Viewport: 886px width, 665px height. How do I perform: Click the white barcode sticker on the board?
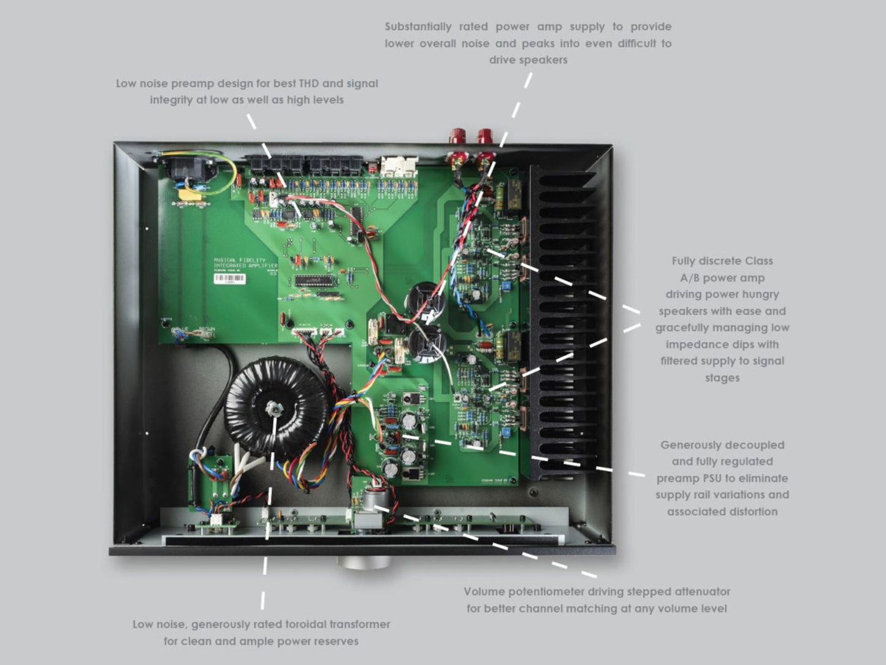tap(229, 279)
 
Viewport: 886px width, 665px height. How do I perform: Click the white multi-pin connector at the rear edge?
tap(398, 166)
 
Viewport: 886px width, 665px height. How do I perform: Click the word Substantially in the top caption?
tap(418, 27)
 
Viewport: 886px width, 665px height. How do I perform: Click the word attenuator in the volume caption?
tap(702, 592)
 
